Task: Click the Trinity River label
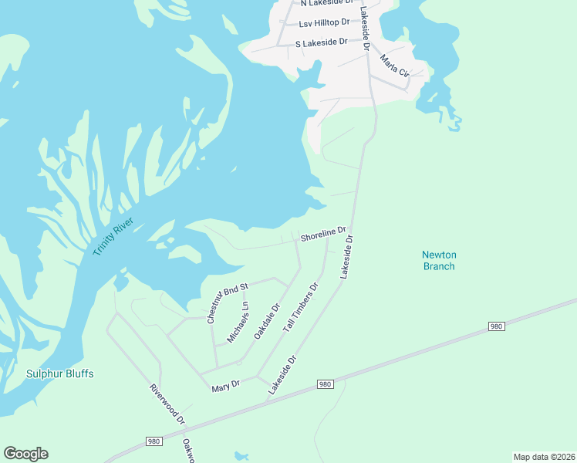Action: click(113, 238)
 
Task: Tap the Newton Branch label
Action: click(439, 261)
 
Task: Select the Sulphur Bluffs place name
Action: click(60, 373)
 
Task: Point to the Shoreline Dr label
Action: click(322, 234)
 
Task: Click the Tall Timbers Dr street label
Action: click(301, 307)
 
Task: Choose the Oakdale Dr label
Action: click(266, 323)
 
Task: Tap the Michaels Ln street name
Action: click(238, 323)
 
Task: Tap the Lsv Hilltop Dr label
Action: click(324, 24)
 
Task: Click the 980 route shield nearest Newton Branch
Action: click(497, 327)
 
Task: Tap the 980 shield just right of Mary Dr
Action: click(325, 384)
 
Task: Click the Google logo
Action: click(25, 454)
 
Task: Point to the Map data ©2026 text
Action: click(544, 456)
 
